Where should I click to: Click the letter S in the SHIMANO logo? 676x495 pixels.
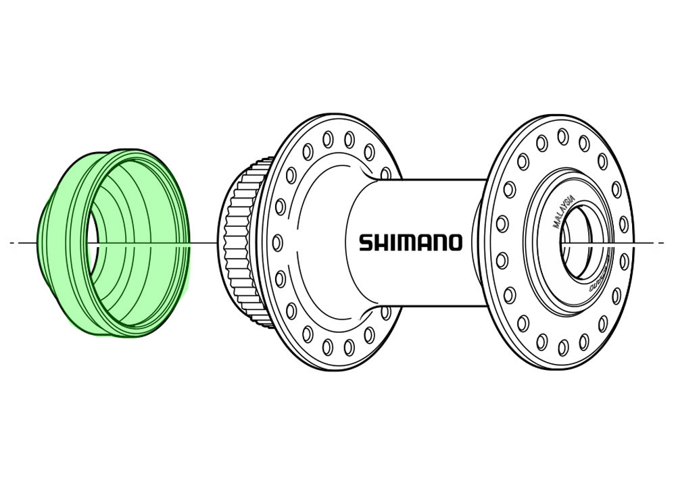[x=365, y=242]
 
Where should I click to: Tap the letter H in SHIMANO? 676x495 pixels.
[x=381, y=242]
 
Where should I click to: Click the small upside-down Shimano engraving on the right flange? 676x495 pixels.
[x=598, y=278]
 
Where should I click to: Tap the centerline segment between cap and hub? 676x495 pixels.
[x=203, y=242]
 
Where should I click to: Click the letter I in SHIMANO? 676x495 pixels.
[x=391, y=242]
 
